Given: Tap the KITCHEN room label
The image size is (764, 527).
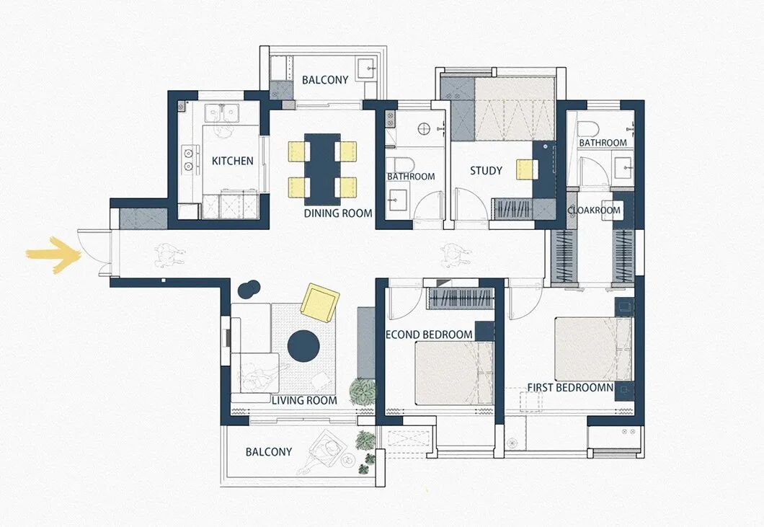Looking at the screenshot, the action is [232, 160].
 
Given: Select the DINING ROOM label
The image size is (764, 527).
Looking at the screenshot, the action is [338, 213].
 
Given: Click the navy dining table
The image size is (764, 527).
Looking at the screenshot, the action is [323, 169].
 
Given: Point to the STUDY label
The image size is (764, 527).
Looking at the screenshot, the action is [486, 171].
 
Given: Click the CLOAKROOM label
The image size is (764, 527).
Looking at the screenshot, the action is [594, 210].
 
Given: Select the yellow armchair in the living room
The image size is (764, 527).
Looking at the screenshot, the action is [319, 304].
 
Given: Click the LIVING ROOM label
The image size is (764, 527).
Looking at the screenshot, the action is [305, 400].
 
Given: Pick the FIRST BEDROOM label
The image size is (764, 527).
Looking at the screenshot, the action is [570, 388].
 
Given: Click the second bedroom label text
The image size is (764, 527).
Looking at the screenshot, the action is [429, 335].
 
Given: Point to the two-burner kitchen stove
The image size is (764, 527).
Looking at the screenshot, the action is [189, 159].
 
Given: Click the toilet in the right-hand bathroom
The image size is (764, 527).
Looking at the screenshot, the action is [588, 129].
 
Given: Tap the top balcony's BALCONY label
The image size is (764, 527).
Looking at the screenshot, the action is [325, 79].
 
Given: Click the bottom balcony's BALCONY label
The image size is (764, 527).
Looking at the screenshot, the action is [268, 451].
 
